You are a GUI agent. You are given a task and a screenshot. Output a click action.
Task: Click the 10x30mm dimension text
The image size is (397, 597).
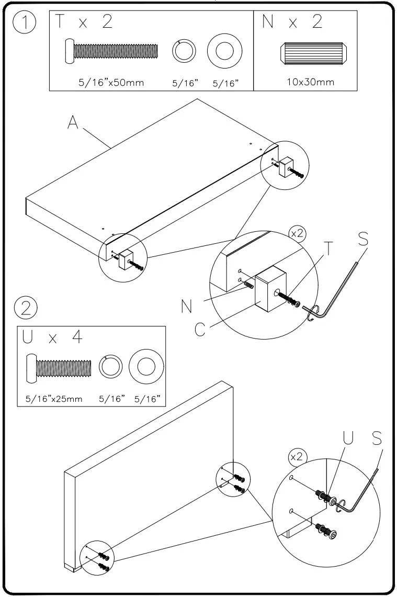coord(311,83)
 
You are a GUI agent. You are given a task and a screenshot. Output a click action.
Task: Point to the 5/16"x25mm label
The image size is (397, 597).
coord(54,399)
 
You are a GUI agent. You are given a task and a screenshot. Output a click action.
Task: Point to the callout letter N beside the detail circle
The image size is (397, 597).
coord(186,307)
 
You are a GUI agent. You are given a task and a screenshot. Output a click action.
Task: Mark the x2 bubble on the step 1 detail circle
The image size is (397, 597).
coord(297,234)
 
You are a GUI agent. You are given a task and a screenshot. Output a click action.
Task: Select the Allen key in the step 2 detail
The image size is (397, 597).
coord(361,487)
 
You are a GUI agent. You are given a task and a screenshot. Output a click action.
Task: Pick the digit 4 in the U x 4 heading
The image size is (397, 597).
coord(77,337)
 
